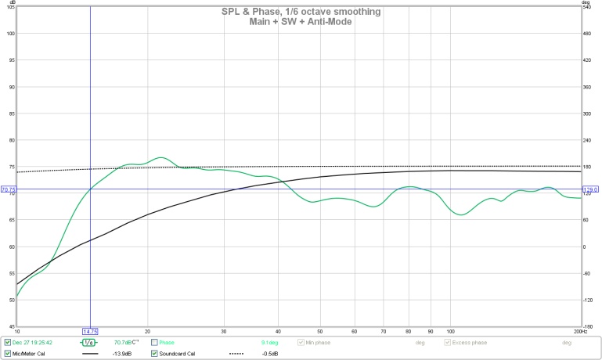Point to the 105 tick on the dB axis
tap(10, 6)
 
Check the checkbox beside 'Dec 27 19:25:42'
tap(8, 342)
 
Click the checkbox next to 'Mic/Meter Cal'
tap(8, 353)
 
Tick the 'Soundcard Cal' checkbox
tap(155, 353)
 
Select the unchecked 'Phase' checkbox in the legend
tap(155, 342)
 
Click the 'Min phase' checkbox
tap(301, 342)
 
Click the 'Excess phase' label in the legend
tap(468, 342)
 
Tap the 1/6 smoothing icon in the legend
tap(88, 342)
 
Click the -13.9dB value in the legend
tap(122, 353)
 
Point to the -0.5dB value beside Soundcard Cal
tap(269, 353)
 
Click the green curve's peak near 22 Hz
tap(160, 157)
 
